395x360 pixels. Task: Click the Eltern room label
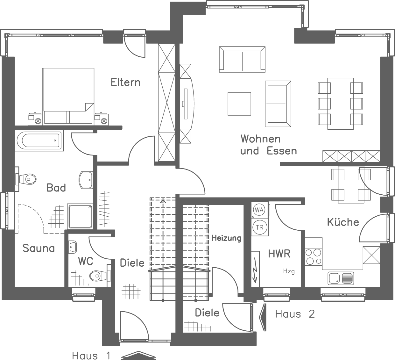point(125,82)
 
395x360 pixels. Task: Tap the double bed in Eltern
point(68,95)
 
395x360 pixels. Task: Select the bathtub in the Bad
point(39,140)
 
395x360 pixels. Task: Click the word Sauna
point(39,248)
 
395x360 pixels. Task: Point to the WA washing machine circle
point(259,210)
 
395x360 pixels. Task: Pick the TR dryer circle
point(259,227)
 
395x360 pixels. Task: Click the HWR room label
point(279,254)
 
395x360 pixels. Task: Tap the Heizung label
point(226,238)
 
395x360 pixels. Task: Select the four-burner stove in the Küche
point(313,257)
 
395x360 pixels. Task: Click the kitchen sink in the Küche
point(341,278)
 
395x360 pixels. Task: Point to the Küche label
point(343,222)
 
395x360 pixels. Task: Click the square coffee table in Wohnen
point(239,104)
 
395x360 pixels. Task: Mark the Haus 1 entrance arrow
point(138,355)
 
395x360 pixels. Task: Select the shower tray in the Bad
point(80,217)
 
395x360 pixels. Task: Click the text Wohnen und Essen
point(268,145)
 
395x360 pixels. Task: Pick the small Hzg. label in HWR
point(290,272)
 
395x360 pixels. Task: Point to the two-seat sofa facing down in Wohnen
point(242,59)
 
